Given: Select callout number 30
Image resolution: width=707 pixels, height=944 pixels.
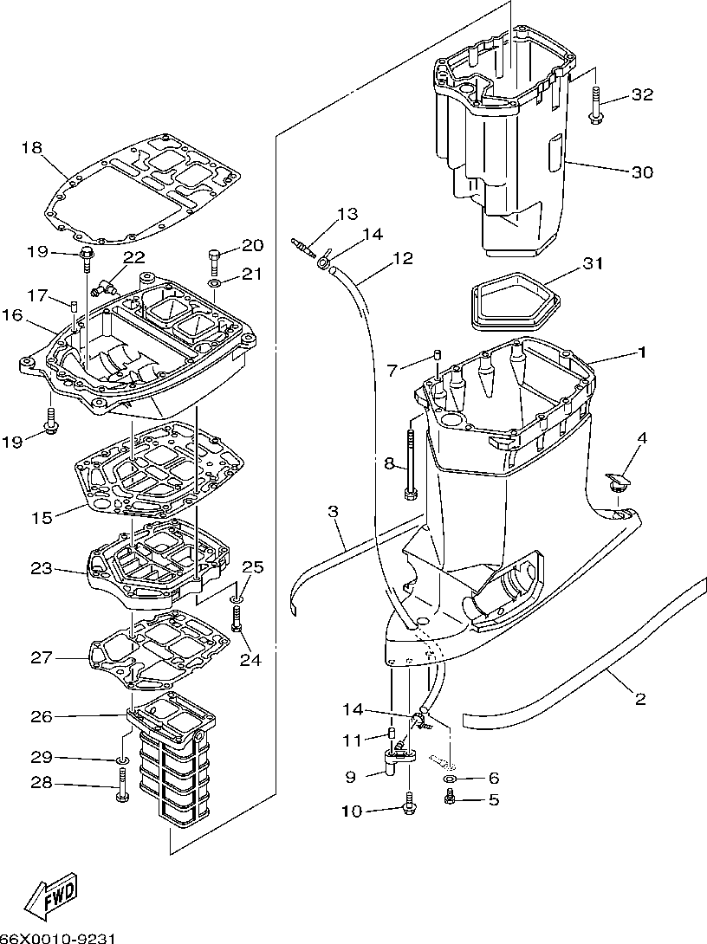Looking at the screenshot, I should [x=641, y=171].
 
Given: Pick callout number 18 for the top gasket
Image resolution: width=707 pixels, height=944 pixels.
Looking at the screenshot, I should [x=31, y=148].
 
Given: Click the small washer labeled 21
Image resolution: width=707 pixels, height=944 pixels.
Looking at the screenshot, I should [x=214, y=283].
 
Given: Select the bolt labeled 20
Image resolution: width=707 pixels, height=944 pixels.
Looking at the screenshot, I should [x=214, y=260].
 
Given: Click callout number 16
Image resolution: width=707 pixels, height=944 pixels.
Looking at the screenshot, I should [x=11, y=315].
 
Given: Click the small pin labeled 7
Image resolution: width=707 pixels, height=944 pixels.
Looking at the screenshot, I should [x=438, y=355].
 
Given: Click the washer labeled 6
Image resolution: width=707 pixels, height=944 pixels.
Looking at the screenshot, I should [x=451, y=779].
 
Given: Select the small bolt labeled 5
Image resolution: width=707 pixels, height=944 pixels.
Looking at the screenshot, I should [x=451, y=799].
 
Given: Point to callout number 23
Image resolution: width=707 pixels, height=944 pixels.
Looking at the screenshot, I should [x=41, y=569].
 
